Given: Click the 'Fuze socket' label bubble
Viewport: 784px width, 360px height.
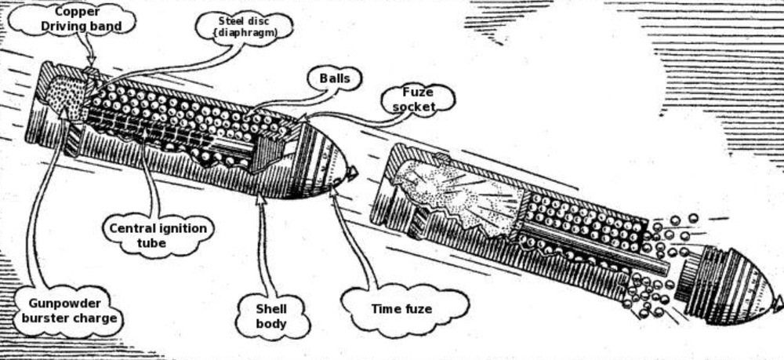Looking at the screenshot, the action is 418,100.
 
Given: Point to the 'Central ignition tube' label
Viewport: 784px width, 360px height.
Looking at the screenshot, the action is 158,235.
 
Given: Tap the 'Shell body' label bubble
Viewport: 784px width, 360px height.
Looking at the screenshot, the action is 271,315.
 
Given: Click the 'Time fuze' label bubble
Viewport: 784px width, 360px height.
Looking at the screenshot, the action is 401,309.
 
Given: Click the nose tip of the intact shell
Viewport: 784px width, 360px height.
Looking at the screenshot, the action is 357,173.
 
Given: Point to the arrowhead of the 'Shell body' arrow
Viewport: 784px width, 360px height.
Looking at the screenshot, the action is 260,197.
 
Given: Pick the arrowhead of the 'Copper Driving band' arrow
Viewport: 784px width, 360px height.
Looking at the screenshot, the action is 92,63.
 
